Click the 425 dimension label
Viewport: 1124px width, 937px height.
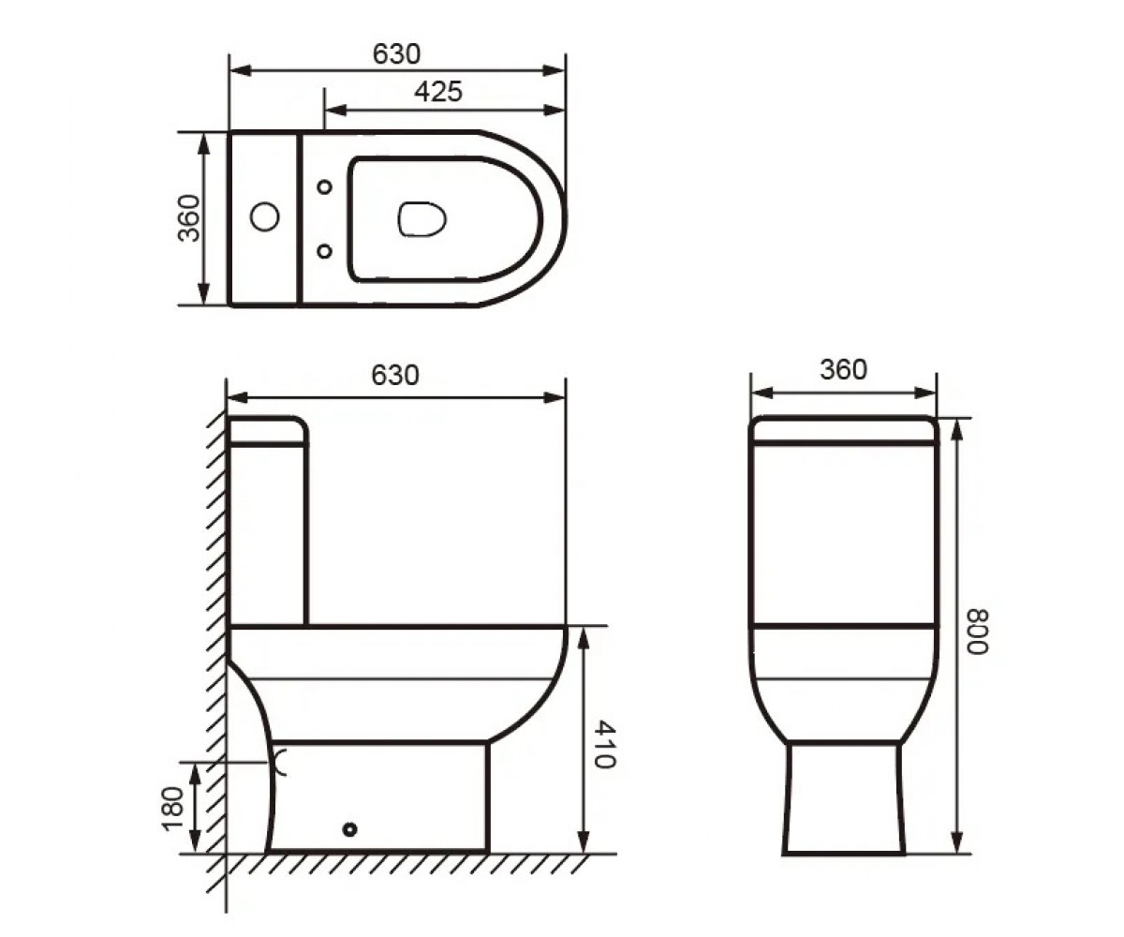coord(437,92)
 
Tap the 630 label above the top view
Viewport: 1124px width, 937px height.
coord(396,53)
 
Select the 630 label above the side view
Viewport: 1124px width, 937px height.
coord(394,376)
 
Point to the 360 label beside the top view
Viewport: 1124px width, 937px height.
coord(189,218)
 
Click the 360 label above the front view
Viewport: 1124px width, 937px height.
coord(844,369)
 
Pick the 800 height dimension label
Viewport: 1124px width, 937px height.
coord(977,632)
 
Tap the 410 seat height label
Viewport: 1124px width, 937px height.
coord(604,745)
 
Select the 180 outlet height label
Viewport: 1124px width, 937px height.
coord(172,809)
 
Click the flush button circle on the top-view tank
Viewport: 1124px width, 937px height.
coord(264,217)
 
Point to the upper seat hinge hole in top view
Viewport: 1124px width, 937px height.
coord(325,186)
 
